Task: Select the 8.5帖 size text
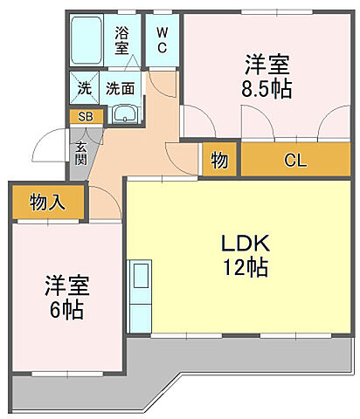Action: [x=267, y=89]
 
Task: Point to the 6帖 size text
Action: [x=66, y=310]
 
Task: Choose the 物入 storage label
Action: [x=47, y=203]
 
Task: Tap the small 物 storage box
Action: [x=220, y=161]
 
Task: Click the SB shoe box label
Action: [x=86, y=115]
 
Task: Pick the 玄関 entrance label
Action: [x=80, y=153]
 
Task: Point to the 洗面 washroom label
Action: [x=121, y=88]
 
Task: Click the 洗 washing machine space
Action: [x=85, y=88]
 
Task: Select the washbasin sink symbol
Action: [x=126, y=113]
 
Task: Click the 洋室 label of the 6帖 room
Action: [x=66, y=285]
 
